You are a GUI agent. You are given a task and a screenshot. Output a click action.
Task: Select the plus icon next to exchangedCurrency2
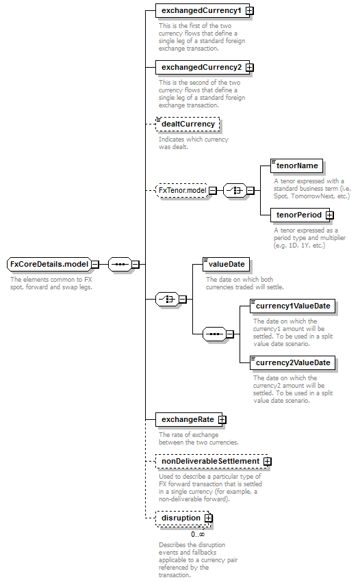[x=250, y=68]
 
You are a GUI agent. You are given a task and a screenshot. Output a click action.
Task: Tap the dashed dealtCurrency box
[x=188, y=124]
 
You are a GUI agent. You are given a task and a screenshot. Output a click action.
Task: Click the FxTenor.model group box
[x=182, y=190]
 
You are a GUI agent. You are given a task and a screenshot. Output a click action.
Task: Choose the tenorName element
[x=296, y=166]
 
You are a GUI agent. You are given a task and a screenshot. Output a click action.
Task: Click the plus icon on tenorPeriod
[x=329, y=215]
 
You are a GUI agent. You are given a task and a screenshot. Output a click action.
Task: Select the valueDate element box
[x=227, y=264]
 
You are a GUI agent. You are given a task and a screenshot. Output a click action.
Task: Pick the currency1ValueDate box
[x=293, y=306]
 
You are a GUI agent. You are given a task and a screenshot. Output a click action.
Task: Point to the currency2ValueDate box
[x=293, y=362]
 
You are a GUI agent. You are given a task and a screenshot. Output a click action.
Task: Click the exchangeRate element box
[x=190, y=419]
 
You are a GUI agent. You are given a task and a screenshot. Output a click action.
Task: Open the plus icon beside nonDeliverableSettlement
[x=268, y=462]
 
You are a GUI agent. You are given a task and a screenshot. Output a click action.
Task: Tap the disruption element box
[x=184, y=518]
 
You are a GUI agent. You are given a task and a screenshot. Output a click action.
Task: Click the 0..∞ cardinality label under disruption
[x=198, y=535]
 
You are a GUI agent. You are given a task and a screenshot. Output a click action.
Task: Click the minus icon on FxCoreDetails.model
[x=95, y=264]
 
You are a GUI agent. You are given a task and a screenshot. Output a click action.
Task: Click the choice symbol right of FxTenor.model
[x=235, y=191]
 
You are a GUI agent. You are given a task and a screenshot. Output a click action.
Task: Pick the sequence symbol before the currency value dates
[x=214, y=334]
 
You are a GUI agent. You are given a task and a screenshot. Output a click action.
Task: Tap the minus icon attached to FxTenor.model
[x=212, y=190]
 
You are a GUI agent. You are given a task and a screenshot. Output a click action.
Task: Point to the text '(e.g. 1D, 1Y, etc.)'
[x=300, y=246]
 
